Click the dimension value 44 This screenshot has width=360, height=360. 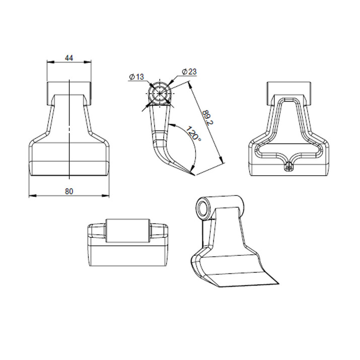click(x=69, y=58)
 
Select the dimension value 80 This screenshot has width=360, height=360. click(x=69, y=191)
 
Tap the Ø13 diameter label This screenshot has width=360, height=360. click(x=136, y=77)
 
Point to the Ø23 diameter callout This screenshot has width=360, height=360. click(x=189, y=71)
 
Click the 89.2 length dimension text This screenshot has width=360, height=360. click(x=208, y=117)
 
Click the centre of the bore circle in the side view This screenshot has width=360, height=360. click(x=160, y=94)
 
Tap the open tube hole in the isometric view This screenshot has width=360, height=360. click(x=203, y=207)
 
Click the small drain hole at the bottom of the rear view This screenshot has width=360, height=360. click(x=289, y=167)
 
